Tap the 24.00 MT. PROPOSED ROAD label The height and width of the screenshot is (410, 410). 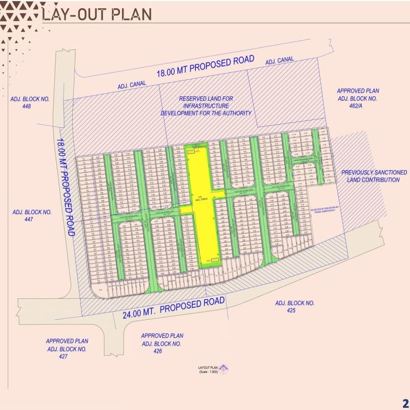pyautogui.click(x=174, y=307)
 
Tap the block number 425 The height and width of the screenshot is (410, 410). pyautogui.click(x=294, y=311)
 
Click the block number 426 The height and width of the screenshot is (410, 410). pyautogui.click(x=161, y=351)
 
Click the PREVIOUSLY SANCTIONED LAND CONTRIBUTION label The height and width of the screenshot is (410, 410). pyautogui.click(x=374, y=176)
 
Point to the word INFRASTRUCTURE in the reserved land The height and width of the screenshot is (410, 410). pyautogui.click(x=206, y=106)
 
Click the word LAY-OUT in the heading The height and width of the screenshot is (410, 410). pyautogui.click(x=71, y=13)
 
